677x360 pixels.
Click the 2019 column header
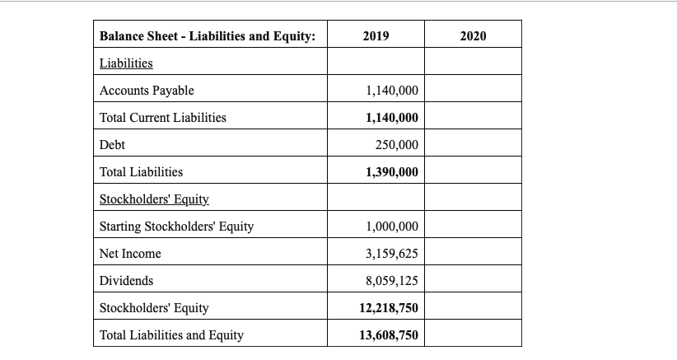tap(376, 36)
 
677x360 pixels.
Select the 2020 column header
tap(473, 36)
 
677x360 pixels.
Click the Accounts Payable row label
tap(147, 91)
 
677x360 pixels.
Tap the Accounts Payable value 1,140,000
tap(391, 91)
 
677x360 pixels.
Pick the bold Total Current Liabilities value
tap(391, 118)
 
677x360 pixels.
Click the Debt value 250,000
tap(397, 145)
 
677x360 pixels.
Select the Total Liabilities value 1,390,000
tap(391, 172)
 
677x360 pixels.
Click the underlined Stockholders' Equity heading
tap(154, 199)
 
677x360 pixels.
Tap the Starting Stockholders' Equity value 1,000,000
tap(391, 227)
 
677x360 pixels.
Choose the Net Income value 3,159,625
tap(391, 254)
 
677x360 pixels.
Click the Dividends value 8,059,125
tap(391, 281)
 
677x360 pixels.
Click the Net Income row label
tap(130, 254)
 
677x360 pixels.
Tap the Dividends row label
tap(126, 281)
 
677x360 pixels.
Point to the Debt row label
tap(112, 145)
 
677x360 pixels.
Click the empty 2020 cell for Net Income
tap(473, 254)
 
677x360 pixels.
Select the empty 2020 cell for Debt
tap(473, 145)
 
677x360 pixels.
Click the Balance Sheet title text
tap(208, 36)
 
